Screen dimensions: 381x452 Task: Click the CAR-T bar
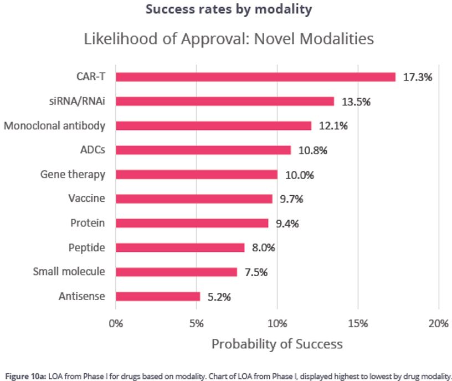pos(255,77)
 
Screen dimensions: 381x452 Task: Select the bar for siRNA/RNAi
pos(224,101)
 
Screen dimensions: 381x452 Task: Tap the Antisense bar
pos(157,297)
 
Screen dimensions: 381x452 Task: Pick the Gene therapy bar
pos(196,175)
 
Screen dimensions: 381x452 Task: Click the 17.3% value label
pos(417,77)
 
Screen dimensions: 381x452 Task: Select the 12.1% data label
pos(333,126)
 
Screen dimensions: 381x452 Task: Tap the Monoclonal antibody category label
pos(54,126)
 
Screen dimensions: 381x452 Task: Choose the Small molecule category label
pos(69,272)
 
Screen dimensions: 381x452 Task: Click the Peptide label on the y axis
pos(86,247)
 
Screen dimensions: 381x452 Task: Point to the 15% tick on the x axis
pos(358,323)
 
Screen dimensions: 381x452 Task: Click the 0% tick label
pos(116,323)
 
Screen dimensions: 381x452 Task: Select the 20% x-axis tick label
pos(438,323)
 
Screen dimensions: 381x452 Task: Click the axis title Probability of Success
pos(277,344)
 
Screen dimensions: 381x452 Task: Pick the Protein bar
pos(192,223)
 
